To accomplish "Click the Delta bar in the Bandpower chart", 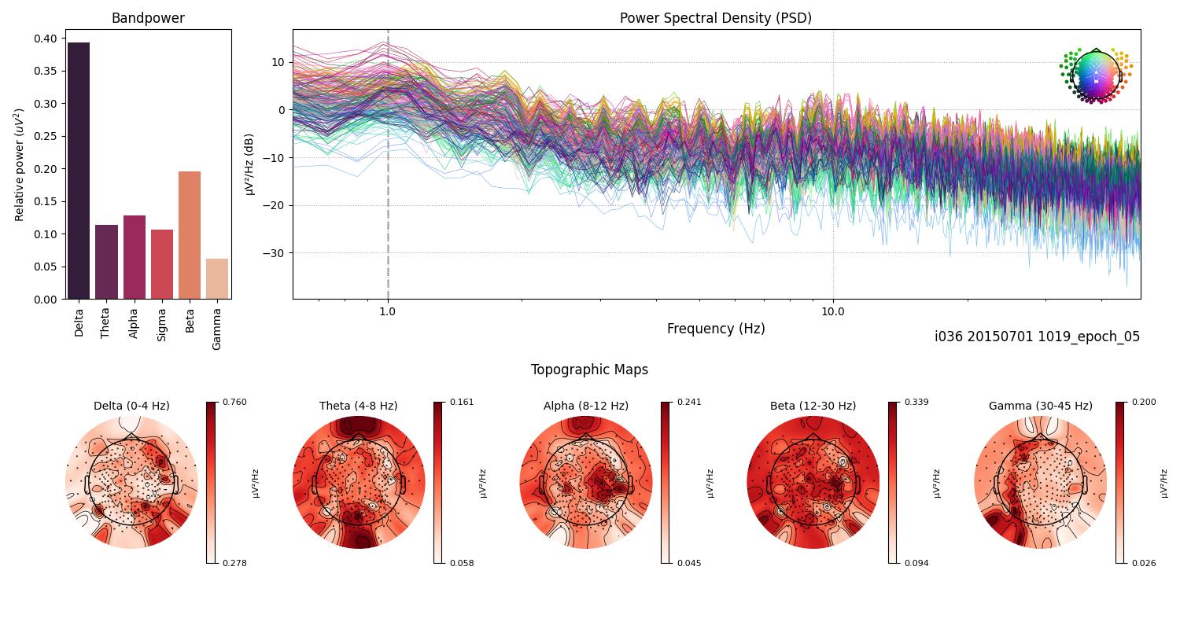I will click(x=79, y=171).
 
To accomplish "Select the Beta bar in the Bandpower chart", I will click(x=190, y=235).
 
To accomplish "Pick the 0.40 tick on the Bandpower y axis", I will click(x=46, y=39).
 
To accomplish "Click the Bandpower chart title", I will click(x=148, y=18).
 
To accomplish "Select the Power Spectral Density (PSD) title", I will click(x=715, y=18).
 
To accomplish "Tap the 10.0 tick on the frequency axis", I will click(x=833, y=311).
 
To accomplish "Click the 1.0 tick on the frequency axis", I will click(x=387, y=311).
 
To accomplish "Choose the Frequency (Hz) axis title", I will click(x=715, y=329).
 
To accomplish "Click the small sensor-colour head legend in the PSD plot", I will click(x=1095, y=75).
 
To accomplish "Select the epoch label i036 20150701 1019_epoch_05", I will click(x=1037, y=337).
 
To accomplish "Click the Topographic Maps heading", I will click(x=589, y=370).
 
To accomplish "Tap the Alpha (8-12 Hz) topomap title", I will click(x=585, y=406).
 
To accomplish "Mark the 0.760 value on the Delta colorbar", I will click(x=234, y=402).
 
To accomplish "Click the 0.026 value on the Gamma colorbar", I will click(x=1144, y=563).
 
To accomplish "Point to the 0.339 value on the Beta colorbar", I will click(x=916, y=402).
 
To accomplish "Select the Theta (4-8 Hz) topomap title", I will click(x=358, y=406).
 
